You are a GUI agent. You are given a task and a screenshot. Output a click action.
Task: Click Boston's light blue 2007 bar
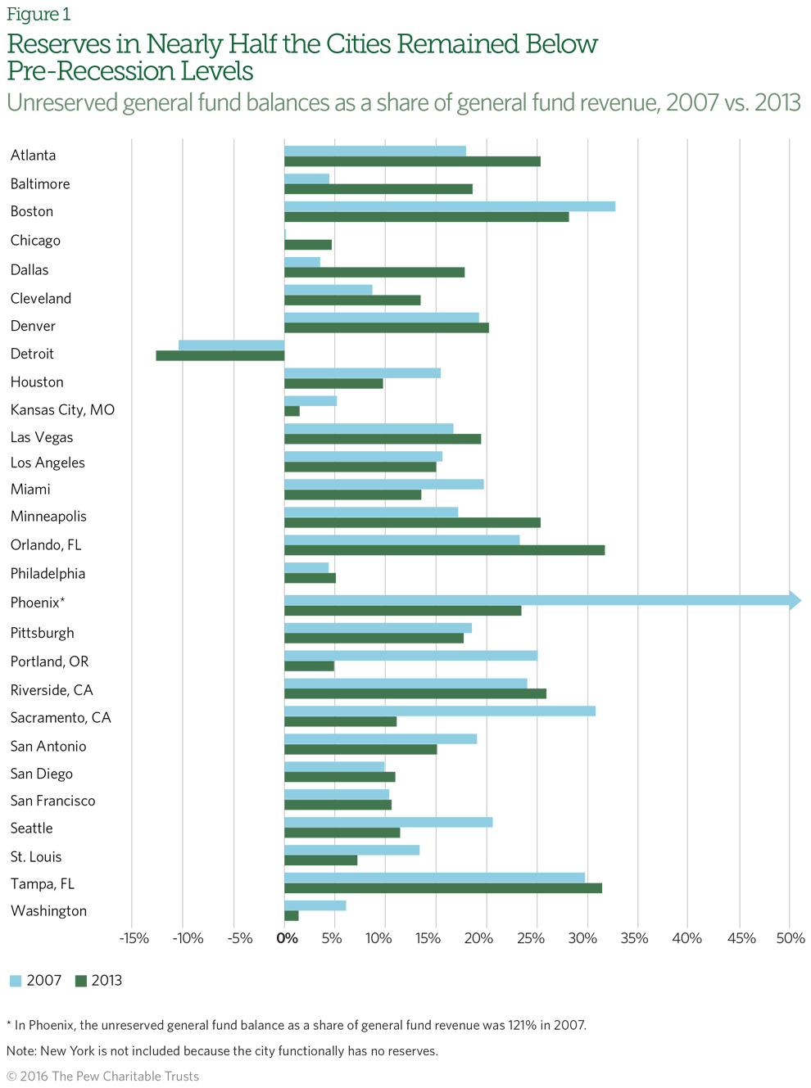(x=449, y=206)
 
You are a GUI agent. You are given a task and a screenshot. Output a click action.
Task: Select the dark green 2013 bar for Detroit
(x=220, y=356)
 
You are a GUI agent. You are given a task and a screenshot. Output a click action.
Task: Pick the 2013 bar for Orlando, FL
(x=444, y=550)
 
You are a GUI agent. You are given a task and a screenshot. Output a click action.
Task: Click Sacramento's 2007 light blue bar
(x=439, y=711)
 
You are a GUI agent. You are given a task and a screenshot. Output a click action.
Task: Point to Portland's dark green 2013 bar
(x=309, y=666)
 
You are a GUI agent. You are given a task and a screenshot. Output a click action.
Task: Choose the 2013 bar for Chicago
(x=307, y=245)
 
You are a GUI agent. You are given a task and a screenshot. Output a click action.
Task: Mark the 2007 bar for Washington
(x=315, y=905)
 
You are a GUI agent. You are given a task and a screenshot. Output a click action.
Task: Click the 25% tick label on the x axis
(x=531, y=938)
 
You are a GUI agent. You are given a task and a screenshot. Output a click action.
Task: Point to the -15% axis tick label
(x=134, y=938)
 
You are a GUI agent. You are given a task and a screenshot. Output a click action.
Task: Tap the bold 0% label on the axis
(x=287, y=938)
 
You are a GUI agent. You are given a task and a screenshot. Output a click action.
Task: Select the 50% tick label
(x=791, y=938)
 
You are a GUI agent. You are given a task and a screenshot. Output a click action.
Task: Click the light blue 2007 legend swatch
(x=16, y=981)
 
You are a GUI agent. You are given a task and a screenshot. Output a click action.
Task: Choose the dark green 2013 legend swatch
(x=80, y=981)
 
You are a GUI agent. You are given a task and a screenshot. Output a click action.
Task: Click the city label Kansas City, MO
(x=62, y=409)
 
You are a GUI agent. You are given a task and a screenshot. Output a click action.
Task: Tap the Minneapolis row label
(x=48, y=517)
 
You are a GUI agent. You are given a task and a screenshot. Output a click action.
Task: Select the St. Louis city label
(x=36, y=856)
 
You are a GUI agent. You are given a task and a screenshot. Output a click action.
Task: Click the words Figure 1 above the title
(x=39, y=15)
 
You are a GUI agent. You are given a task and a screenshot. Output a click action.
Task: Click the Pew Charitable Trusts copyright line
(x=102, y=1076)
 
